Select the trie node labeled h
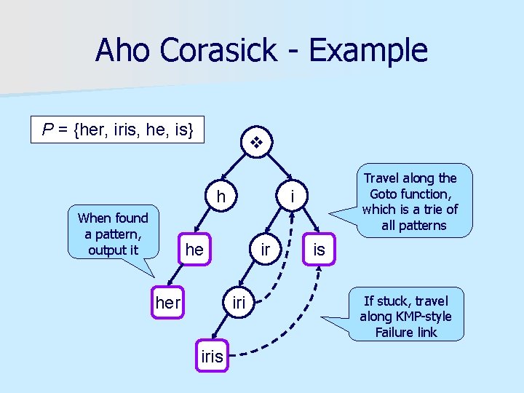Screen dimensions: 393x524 coord(220,196)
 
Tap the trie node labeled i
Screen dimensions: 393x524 coord(292,196)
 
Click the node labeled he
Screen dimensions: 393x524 coord(194,250)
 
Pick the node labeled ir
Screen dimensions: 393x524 coord(265,250)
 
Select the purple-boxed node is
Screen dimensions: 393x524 coord(319,250)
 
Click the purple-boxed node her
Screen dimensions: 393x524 coord(168,302)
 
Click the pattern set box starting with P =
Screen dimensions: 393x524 coord(117,130)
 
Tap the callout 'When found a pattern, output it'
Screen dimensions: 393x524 coord(113,233)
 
